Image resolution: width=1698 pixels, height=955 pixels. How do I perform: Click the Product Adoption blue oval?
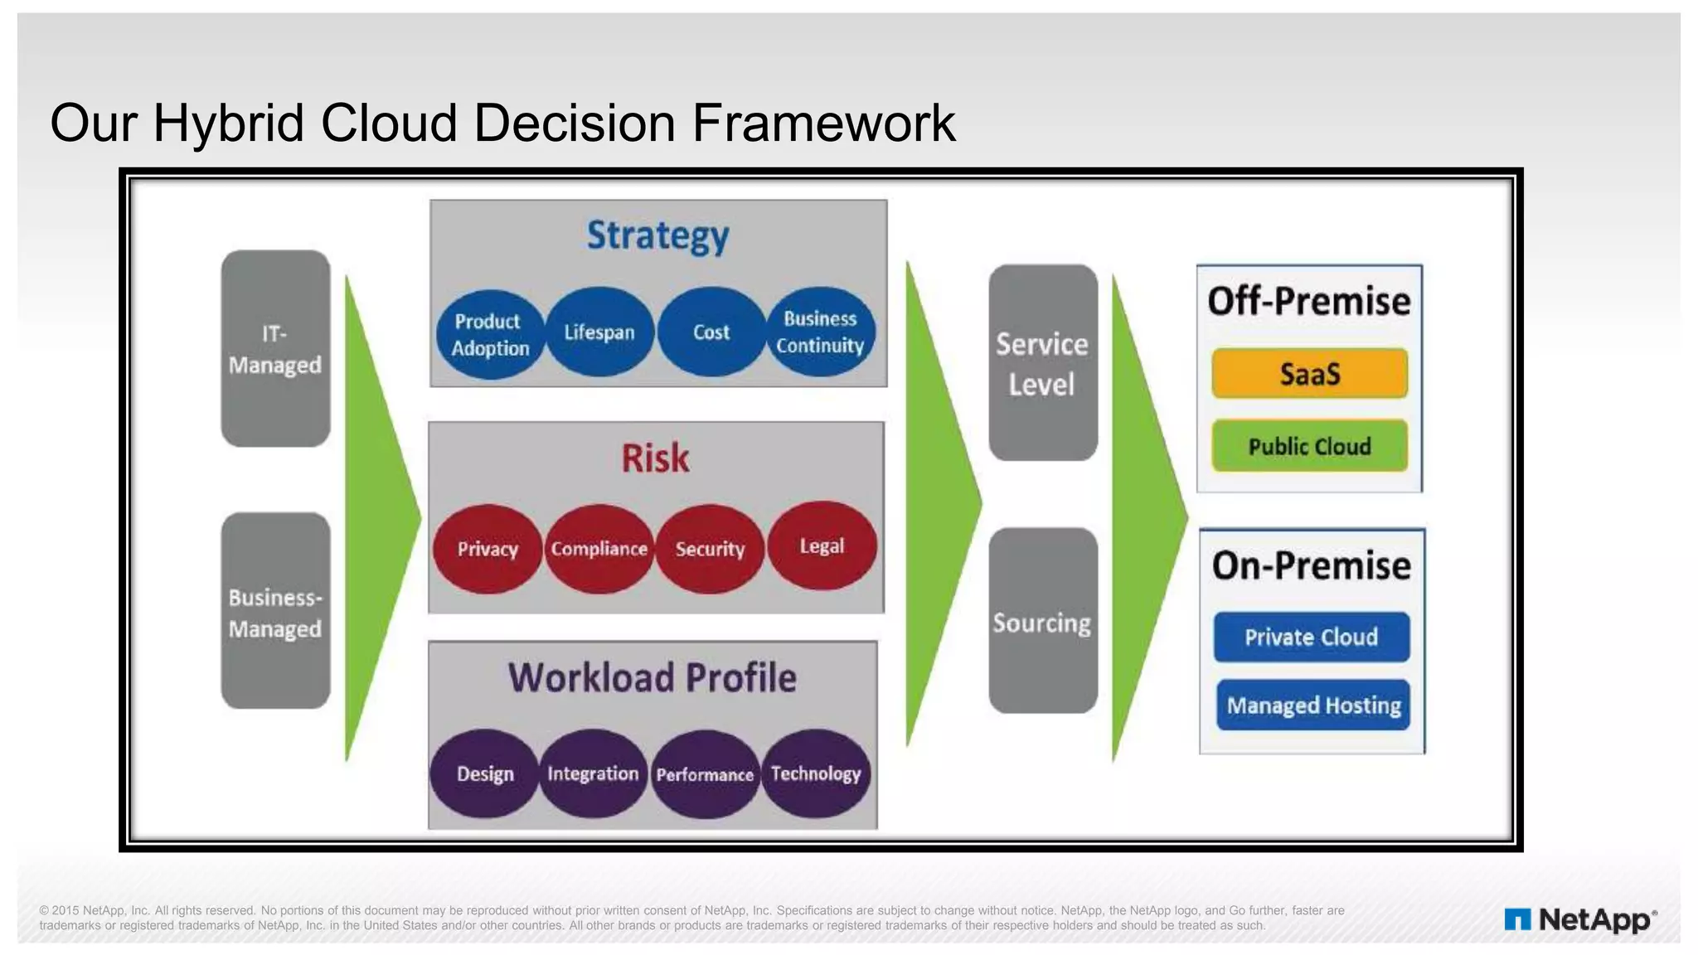click(490, 334)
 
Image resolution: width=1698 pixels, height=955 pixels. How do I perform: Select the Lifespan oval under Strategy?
click(599, 332)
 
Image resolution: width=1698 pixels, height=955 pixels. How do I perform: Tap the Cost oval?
click(711, 332)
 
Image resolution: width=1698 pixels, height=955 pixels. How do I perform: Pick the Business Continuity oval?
click(820, 332)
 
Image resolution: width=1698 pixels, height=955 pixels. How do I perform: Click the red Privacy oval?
click(488, 549)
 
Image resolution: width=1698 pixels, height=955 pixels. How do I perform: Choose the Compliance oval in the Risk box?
click(599, 549)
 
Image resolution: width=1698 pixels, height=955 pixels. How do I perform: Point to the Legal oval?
click(822, 545)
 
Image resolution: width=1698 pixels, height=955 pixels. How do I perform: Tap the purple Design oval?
click(485, 773)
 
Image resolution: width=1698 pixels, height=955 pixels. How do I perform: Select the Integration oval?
click(593, 773)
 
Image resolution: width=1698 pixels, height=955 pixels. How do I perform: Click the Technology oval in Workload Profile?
click(816, 773)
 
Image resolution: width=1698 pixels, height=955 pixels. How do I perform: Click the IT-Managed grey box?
click(275, 349)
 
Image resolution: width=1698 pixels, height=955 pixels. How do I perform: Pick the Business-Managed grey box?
click(275, 612)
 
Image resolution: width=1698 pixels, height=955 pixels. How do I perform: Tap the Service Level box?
click(1042, 363)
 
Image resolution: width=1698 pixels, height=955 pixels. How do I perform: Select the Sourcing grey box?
click(1042, 622)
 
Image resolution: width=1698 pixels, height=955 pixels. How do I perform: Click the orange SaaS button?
click(1309, 374)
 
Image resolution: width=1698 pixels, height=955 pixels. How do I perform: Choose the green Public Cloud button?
click(1309, 446)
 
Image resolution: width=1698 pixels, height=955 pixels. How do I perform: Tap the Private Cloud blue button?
click(1311, 637)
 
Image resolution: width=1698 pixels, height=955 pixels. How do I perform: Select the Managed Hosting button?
click(1313, 705)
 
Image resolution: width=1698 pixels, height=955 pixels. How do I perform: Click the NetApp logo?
click(1580, 920)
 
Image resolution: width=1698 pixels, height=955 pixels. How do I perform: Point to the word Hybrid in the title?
click(229, 123)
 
